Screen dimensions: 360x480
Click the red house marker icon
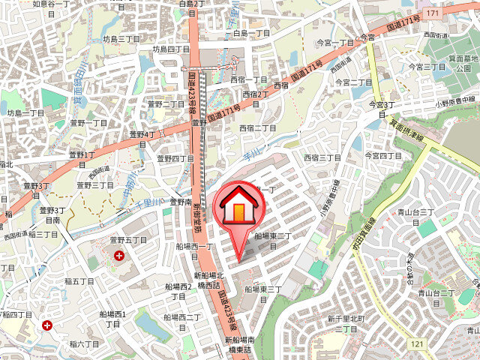[239, 206]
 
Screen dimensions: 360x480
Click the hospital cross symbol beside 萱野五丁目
[118, 256]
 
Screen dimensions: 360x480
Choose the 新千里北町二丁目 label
[345, 324]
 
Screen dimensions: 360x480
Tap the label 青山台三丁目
[417, 213]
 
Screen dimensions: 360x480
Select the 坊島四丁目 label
[171, 49]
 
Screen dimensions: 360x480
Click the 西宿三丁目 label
[322, 158]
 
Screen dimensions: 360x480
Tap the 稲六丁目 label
[84, 343]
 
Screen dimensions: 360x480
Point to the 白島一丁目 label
[251, 34]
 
